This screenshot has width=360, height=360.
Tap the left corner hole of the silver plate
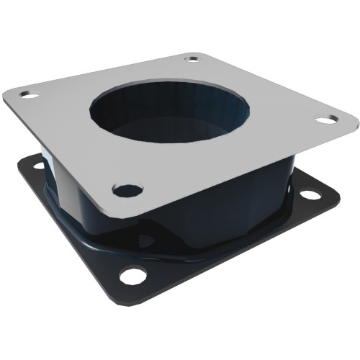pos(30,94)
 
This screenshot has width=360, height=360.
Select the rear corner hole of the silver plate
pos(192,59)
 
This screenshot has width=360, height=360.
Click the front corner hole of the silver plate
pos(127,191)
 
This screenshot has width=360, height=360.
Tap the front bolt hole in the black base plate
pos(132,274)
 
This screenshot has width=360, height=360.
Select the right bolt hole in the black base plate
pos(310,194)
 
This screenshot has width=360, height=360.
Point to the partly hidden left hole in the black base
pos(38,166)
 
